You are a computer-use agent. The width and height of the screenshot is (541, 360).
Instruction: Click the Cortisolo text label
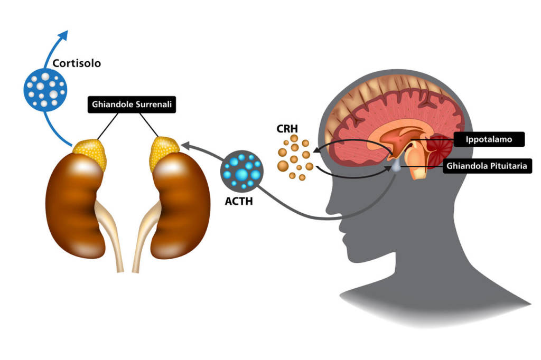tap(77, 63)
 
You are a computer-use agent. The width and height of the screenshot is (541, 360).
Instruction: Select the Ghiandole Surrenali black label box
tap(131, 104)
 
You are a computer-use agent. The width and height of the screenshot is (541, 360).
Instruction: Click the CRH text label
tap(287, 128)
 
